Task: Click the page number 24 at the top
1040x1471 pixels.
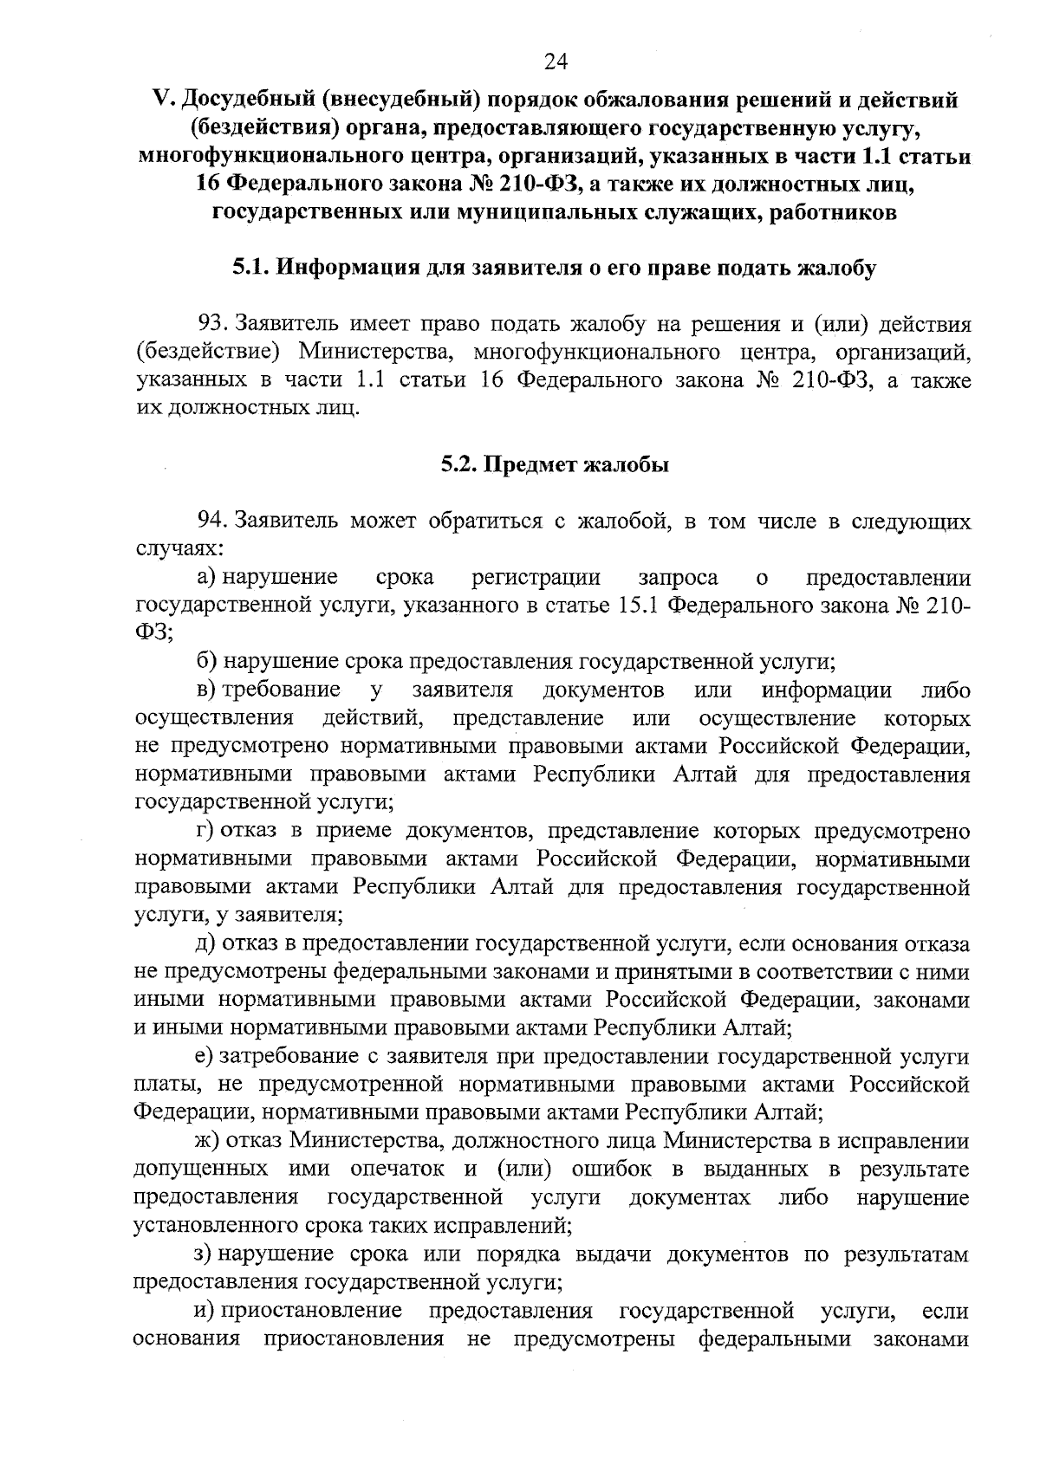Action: click(x=555, y=61)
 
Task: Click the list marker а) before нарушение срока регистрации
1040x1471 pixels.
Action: click(x=208, y=578)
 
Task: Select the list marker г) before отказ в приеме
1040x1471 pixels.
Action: click(x=205, y=831)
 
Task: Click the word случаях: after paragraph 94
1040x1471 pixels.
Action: click(x=179, y=549)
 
